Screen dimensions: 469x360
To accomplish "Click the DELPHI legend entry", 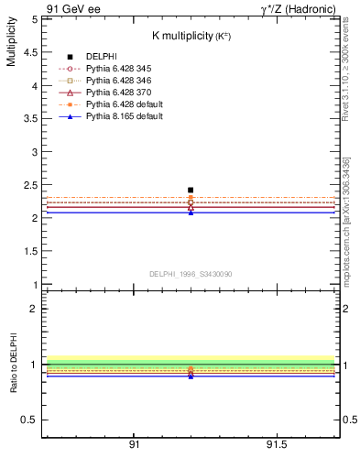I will tap(101, 56).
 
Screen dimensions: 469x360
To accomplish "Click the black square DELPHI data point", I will tap(191, 191).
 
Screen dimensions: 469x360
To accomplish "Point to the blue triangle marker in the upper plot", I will tap(191, 213).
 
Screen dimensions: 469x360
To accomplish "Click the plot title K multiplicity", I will tap(190, 36).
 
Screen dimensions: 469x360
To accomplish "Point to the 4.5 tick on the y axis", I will tap(31, 52).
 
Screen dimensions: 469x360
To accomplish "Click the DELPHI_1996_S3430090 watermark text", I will tap(190, 274).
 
